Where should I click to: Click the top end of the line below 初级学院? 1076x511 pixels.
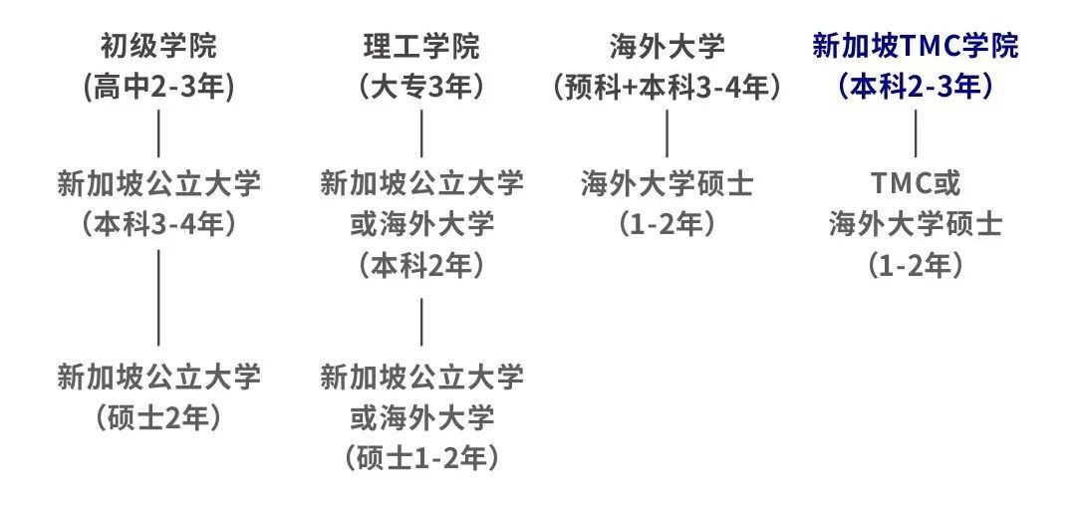[158, 110]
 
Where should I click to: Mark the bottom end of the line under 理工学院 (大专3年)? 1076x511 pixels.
[421, 157]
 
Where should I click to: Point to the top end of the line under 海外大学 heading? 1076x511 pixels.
[667, 110]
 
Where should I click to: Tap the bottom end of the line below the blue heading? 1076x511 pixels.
[916, 157]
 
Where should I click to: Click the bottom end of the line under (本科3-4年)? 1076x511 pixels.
[158, 345]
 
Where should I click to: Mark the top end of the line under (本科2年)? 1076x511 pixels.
[421, 299]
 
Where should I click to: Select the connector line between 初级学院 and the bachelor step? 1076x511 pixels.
[158, 133]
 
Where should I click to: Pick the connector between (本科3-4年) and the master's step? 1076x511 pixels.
[158, 298]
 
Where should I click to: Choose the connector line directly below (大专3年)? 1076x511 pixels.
[421, 133]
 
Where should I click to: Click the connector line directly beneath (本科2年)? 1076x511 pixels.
[421, 322]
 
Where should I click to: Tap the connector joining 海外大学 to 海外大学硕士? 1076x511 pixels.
[667, 133]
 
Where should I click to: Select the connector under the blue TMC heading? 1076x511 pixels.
[916, 133]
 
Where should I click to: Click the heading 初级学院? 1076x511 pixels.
[158, 47]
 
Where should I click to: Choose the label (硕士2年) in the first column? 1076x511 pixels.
[158, 417]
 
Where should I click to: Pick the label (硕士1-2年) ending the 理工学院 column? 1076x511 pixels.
[421, 458]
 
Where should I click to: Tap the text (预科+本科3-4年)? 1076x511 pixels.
[667, 88]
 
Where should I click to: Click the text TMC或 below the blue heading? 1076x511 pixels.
[916, 184]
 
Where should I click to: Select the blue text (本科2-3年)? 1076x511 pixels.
[916, 88]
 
